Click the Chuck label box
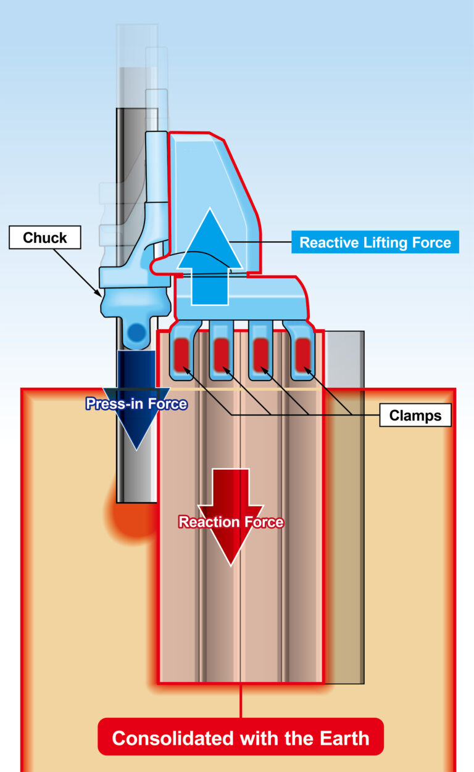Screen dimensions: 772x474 [x=44, y=237]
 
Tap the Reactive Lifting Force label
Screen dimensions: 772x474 [x=375, y=242]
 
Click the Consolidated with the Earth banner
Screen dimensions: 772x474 [x=241, y=737]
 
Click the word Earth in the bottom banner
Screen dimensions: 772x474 [x=343, y=738]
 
